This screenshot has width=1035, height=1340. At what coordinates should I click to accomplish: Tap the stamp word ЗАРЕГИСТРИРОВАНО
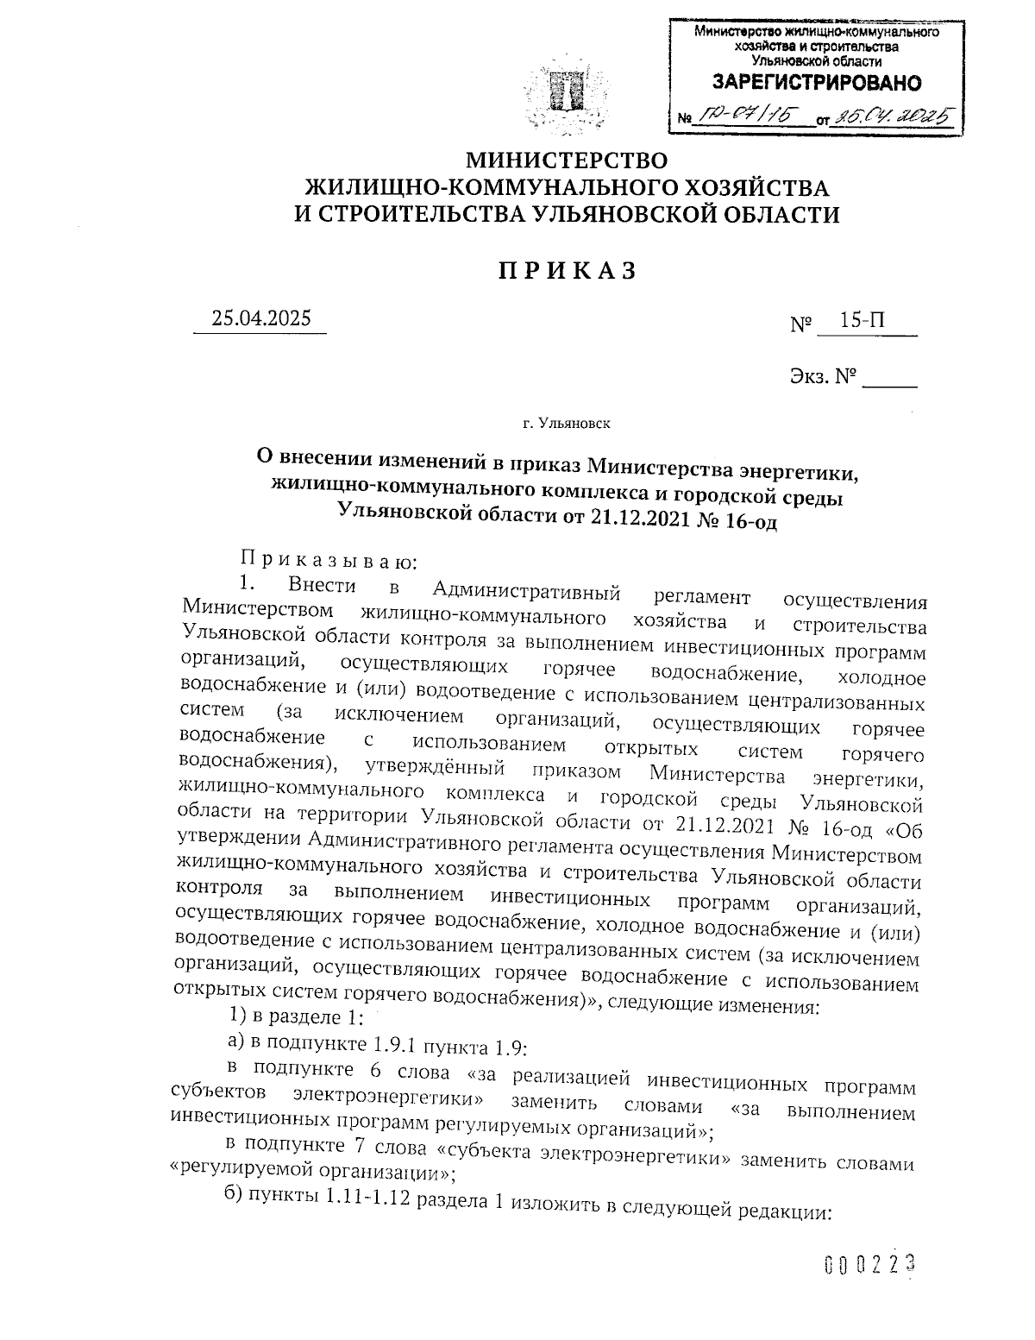click(x=815, y=84)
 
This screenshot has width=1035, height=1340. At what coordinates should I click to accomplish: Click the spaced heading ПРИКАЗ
click(x=567, y=271)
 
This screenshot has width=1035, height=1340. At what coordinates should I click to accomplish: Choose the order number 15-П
click(x=862, y=321)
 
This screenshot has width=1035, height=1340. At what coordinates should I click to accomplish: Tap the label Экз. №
click(x=821, y=376)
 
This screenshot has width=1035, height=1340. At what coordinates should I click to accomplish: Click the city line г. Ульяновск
click(x=566, y=424)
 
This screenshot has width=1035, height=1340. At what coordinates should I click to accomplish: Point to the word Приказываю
click(x=329, y=563)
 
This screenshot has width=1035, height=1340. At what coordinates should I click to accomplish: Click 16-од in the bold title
click(x=747, y=520)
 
